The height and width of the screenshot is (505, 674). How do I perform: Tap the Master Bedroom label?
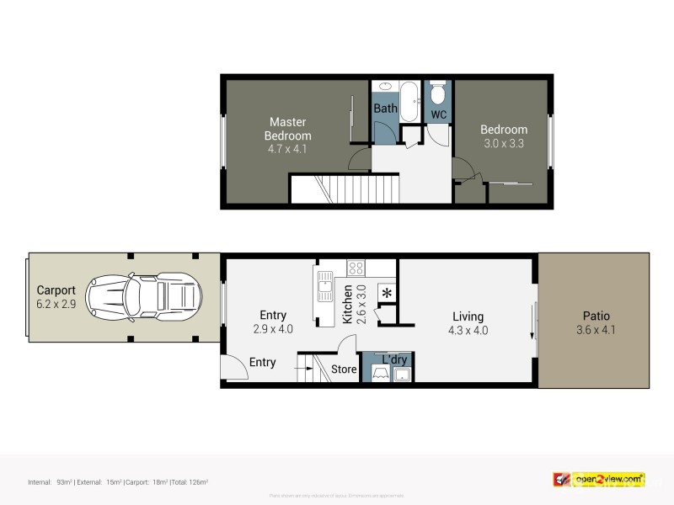(x=287, y=129)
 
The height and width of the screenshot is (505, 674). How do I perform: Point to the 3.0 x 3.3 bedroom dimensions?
(x=504, y=143)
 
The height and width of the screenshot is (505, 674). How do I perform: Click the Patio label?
(x=594, y=316)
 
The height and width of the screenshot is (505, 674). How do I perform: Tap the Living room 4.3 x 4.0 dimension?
(x=468, y=330)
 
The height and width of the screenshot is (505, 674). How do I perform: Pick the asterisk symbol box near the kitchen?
(x=387, y=294)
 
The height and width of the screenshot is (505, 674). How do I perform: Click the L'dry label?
(x=394, y=360)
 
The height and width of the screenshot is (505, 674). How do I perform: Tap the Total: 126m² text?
(x=190, y=481)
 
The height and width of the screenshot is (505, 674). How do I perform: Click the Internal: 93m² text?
(x=51, y=481)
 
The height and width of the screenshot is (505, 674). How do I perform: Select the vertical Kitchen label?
(x=347, y=305)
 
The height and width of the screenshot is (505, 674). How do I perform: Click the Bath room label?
(x=385, y=109)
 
